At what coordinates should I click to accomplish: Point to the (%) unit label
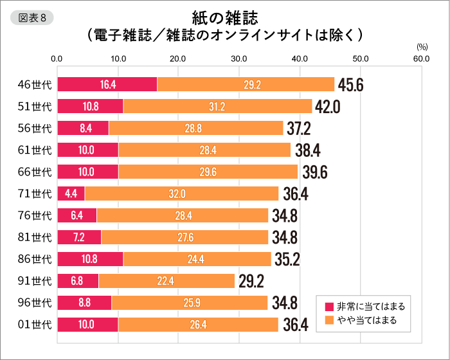point(422,47)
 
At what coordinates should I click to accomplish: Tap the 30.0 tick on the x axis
point(239,59)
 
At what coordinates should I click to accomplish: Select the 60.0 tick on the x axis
point(422,59)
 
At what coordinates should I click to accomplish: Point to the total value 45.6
point(351,85)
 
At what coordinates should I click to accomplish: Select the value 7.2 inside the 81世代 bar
point(79,237)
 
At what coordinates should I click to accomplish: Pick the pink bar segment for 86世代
point(90,259)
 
